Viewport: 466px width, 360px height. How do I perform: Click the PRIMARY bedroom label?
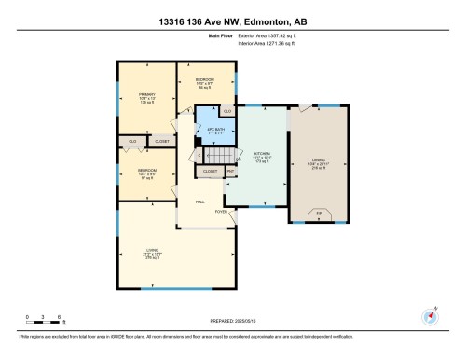146,97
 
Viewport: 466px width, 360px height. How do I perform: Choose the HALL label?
199,202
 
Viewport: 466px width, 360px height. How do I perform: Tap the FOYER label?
221,212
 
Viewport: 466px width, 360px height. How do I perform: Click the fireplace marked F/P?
320,215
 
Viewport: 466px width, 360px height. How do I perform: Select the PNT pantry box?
229,172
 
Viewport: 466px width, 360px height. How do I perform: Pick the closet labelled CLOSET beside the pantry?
210,172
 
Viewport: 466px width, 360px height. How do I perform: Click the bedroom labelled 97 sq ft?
146,173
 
